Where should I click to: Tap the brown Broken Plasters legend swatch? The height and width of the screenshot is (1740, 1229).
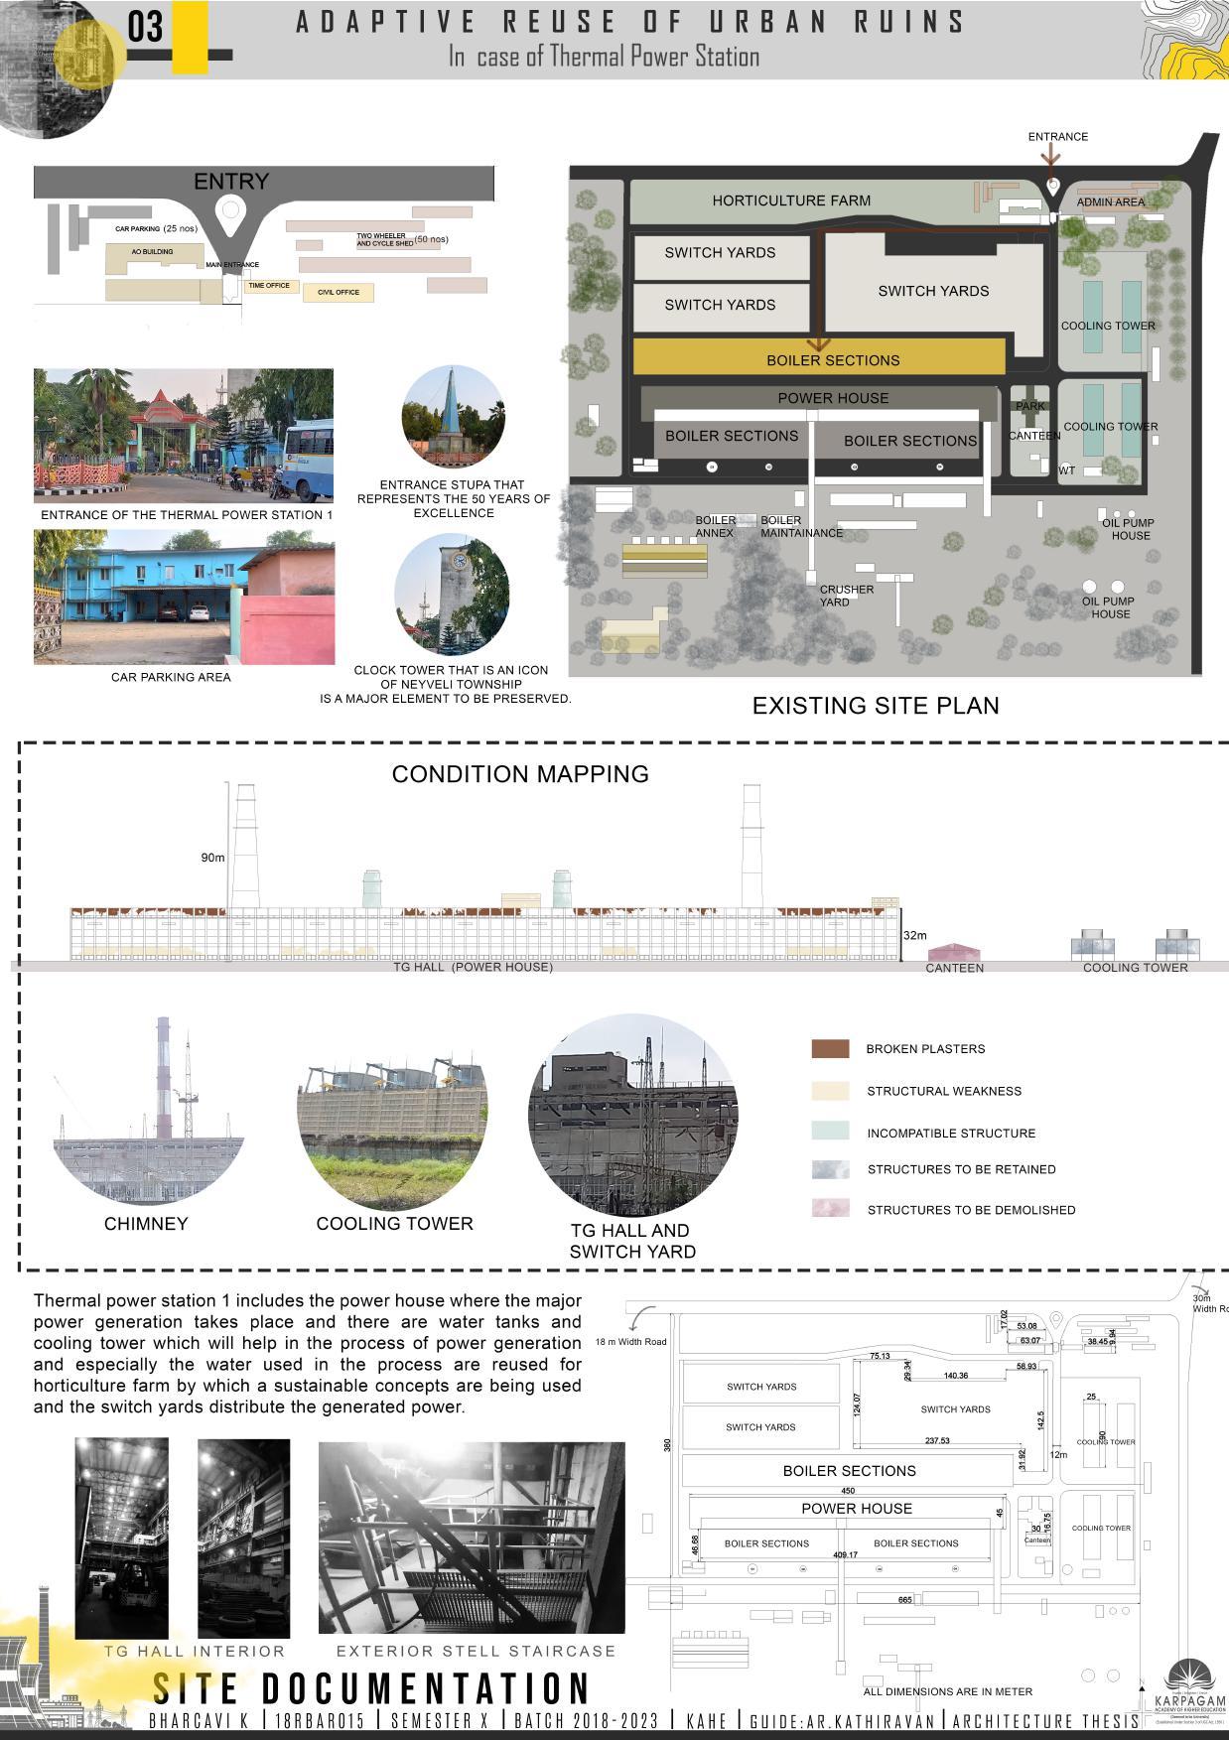[830, 1049]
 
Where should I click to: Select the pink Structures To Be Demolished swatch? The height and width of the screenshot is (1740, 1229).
[830, 1209]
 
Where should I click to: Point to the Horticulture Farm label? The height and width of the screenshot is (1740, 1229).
[791, 201]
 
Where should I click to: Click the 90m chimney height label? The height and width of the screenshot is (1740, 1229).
[212, 858]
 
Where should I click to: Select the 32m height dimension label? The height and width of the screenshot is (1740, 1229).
[914, 935]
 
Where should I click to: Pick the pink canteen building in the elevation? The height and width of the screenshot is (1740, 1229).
[953, 952]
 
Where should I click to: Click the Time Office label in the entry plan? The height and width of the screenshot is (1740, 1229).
[269, 286]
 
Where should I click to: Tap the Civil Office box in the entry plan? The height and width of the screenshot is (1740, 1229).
[339, 292]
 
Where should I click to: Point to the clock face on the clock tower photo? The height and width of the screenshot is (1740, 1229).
[460, 560]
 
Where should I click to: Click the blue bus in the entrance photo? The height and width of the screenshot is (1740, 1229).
[309, 463]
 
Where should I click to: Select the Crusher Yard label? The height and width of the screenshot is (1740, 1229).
[846, 596]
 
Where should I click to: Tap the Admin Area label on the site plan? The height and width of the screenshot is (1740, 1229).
[1110, 201]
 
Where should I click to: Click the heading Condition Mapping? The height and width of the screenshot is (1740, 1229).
[520, 774]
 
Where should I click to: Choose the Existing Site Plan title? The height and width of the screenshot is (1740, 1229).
[875, 706]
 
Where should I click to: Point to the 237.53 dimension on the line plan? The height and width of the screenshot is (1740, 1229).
[937, 1440]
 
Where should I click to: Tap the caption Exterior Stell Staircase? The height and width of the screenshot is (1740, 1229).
[476, 1652]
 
